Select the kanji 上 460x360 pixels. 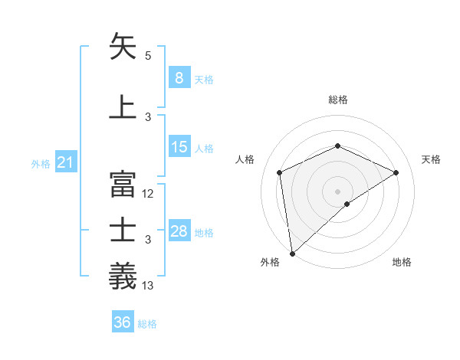point(123,106)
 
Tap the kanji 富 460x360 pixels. point(123,184)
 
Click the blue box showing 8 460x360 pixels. point(179,77)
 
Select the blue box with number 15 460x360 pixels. point(179,147)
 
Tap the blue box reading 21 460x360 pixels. point(64,162)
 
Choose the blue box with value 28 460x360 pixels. point(179,231)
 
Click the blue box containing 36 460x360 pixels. point(123,322)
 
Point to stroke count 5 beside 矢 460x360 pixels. point(148,56)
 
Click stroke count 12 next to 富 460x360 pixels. point(148,194)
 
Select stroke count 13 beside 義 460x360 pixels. point(148,286)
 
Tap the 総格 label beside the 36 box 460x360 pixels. point(147,324)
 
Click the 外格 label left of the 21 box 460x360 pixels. point(41,164)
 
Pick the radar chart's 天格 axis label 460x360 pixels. point(432,159)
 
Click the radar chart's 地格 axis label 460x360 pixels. point(402,263)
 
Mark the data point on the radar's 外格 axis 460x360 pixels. point(291,253)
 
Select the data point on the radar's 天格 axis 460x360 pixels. point(396,172)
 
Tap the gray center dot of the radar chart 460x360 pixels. point(337,190)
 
